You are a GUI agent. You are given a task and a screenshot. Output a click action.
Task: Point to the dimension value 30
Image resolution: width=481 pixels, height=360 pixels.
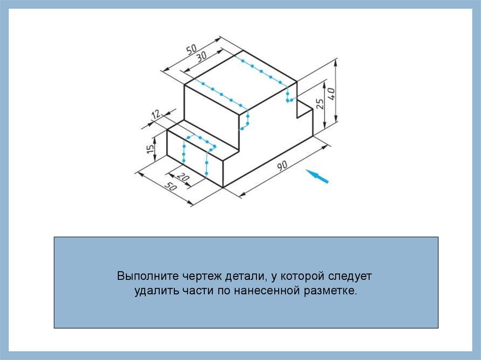[202, 56]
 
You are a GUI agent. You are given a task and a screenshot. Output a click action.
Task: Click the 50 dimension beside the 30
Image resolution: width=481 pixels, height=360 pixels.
[192, 49]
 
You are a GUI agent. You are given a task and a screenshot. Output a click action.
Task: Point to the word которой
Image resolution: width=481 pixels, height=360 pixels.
[292, 275]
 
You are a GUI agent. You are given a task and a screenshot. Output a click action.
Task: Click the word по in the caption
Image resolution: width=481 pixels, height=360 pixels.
[222, 291]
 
